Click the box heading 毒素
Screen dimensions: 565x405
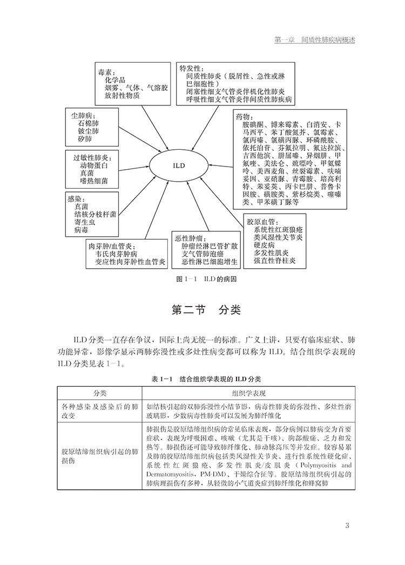click(106, 71)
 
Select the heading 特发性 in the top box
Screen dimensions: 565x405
click(191, 68)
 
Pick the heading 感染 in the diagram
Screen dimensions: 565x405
click(74, 198)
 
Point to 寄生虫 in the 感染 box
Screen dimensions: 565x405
click(86, 222)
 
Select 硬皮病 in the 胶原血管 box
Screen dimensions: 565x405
click(266, 245)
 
